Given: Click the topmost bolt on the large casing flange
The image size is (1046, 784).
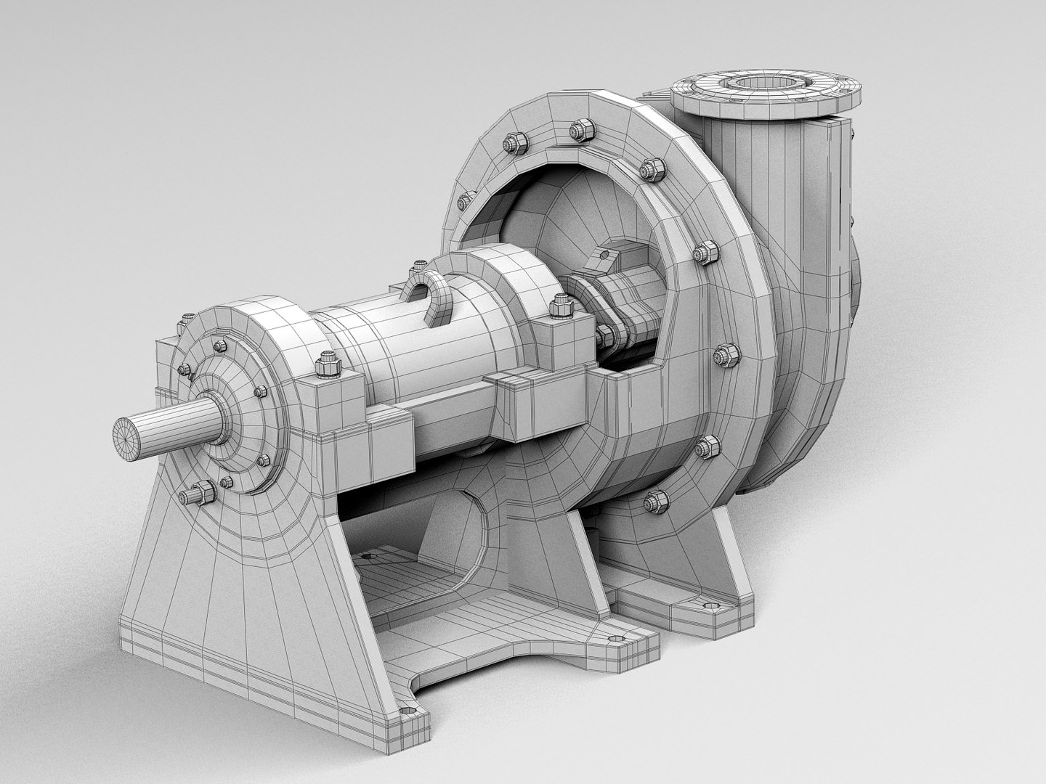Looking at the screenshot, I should click(579, 131).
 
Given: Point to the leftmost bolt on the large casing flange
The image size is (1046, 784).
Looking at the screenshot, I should click(463, 202).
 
